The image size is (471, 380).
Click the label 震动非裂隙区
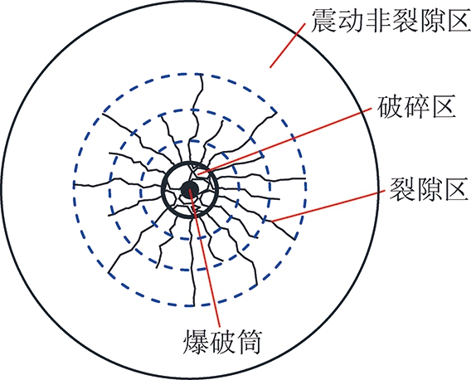391,20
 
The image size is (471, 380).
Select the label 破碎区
416,106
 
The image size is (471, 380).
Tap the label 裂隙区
429,189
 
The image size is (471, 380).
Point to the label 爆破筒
222,343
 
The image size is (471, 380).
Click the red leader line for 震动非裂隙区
288,45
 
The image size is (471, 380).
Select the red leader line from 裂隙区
328,206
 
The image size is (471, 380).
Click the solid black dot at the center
190,190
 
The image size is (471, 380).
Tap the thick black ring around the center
162,190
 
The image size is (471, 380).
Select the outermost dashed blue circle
73,190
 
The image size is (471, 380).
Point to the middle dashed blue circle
109,190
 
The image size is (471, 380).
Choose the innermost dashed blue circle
140,190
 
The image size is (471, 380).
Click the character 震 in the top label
323,20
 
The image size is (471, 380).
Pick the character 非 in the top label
377,20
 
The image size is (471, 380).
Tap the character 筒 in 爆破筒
250,343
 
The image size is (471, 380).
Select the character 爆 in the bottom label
196,343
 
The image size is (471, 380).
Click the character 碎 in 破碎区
416,106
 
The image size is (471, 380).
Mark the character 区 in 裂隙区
457,189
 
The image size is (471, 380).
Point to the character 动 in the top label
350,20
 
